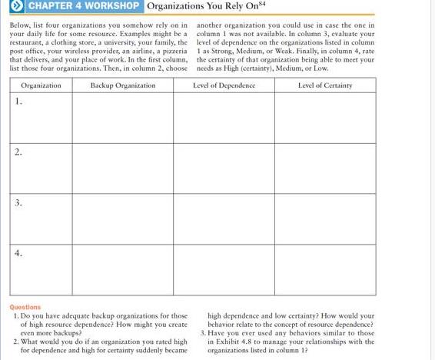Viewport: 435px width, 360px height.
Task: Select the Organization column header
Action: tap(42, 85)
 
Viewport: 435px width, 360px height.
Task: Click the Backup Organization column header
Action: tap(123, 85)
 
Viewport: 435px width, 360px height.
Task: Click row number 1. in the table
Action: tap(18, 102)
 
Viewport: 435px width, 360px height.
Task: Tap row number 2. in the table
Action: tap(18, 153)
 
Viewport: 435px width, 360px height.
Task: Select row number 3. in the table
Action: tap(18, 203)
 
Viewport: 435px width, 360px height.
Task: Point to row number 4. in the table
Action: tap(18, 252)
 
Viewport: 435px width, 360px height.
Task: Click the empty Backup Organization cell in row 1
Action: tap(123, 118)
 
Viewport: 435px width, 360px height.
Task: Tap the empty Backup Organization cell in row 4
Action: tap(123, 268)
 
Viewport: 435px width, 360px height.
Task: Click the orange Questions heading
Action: tap(25, 306)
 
